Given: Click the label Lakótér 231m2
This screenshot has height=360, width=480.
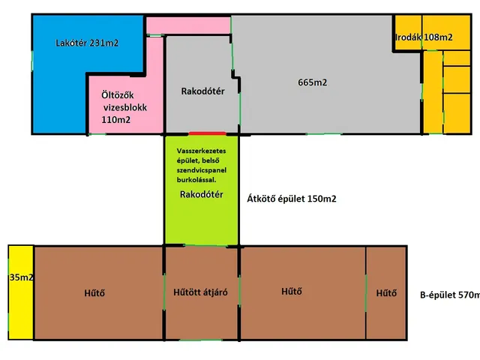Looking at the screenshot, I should point(88,43).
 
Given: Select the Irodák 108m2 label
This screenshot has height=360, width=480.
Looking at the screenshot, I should point(424,37).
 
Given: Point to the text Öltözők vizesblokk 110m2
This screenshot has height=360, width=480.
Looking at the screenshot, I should point(125,106).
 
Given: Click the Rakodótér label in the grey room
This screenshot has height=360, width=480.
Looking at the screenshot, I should point(202,92).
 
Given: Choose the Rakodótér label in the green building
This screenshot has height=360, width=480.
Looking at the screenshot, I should point(200,194).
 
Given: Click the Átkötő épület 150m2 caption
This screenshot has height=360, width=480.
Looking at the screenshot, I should point(292,199).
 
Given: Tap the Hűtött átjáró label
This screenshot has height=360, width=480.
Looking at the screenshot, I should point(201,292).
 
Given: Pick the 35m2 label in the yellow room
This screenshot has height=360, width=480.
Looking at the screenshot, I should point(21,277).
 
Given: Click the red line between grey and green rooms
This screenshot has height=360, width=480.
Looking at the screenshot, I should point(202,133).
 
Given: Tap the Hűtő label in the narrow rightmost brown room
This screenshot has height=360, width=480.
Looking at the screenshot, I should point(387,292).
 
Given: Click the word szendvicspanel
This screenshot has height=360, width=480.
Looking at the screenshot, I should point(201,170).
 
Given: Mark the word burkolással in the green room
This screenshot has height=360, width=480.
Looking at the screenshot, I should point(199,180).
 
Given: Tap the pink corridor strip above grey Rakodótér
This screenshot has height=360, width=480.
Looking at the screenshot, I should point(187,25).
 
